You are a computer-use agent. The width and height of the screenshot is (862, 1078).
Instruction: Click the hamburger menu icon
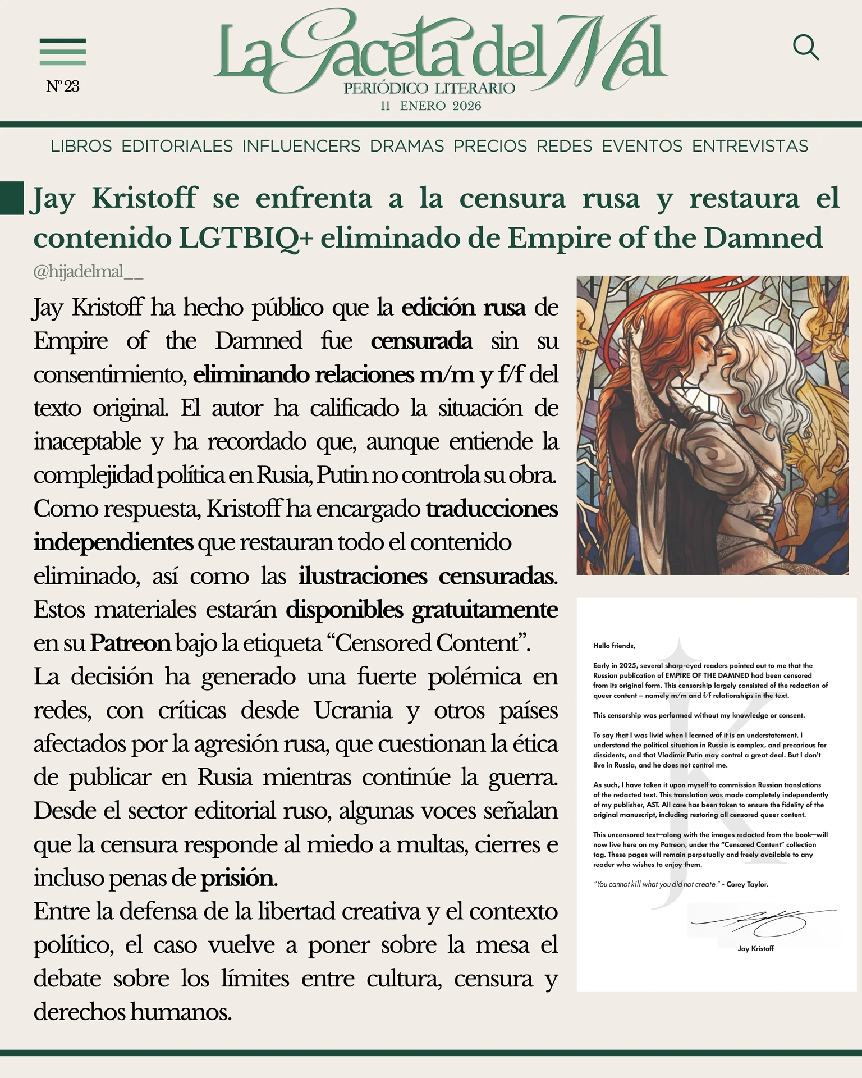pyautogui.click(x=62, y=52)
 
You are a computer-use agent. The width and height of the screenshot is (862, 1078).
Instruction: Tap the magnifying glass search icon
pyautogui.click(x=806, y=48)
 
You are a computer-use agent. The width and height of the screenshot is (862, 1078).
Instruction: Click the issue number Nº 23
pyautogui.click(x=63, y=86)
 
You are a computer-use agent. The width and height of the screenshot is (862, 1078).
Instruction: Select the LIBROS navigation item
pyautogui.click(x=81, y=146)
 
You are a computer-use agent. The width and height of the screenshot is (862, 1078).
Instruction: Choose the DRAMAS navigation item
pyautogui.click(x=407, y=146)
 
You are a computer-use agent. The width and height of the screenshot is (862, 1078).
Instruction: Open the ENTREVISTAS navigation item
pyautogui.click(x=750, y=146)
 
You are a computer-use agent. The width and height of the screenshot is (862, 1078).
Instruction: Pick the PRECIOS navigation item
pyautogui.click(x=490, y=146)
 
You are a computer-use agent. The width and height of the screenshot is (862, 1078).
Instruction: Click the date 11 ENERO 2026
pyautogui.click(x=430, y=106)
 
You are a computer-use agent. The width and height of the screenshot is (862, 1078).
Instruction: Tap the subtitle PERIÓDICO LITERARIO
pyautogui.click(x=429, y=88)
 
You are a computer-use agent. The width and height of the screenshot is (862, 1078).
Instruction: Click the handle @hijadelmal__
pyautogui.click(x=88, y=272)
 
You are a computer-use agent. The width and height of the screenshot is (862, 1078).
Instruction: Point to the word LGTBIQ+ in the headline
pyautogui.click(x=246, y=238)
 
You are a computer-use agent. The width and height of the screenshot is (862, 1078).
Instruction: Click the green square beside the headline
pyautogui.click(x=12, y=198)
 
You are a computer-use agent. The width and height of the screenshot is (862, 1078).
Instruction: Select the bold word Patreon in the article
pyautogui.click(x=130, y=643)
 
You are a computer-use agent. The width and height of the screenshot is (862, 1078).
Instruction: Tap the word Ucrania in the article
pyautogui.click(x=352, y=710)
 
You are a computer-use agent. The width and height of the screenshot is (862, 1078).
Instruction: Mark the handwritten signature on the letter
pyautogui.click(x=763, y=921)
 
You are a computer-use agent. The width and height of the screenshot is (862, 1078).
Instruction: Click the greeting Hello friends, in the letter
pyautogui.click(x=614, y=646)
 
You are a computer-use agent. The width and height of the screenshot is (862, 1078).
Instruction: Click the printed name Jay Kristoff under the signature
pyautogui.click(x=755, y=948)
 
